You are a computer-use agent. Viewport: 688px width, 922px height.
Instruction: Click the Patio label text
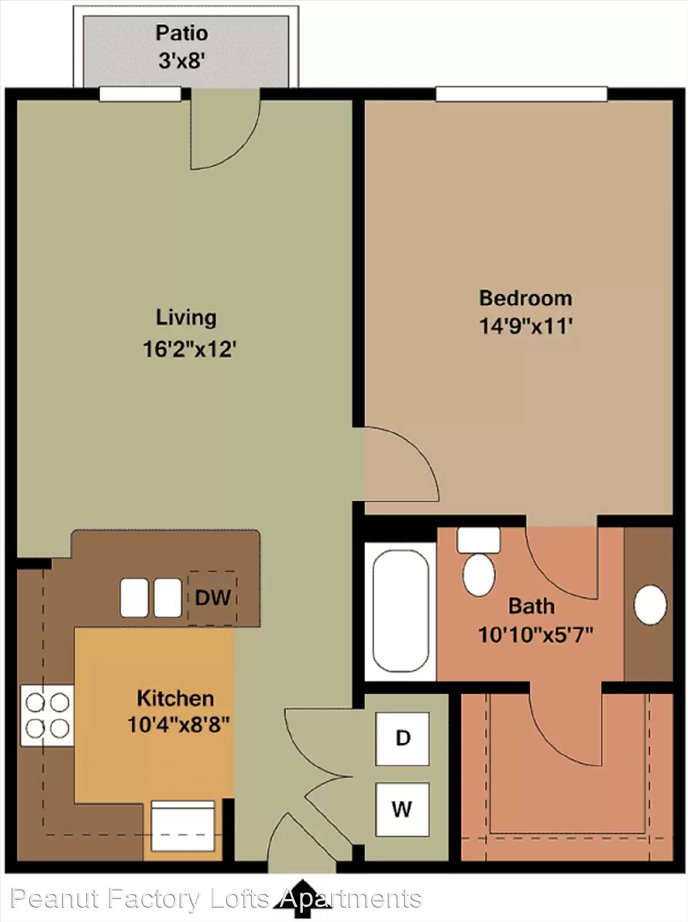coord(182,33)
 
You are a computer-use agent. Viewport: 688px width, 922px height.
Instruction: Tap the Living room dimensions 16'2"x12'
coord(189,349)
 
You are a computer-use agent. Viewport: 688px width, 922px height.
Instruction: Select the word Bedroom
coord(526,298)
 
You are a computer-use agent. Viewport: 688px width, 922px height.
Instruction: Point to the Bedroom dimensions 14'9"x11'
coord(526,326)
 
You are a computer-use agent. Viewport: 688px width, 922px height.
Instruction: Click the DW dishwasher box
coord(212,598)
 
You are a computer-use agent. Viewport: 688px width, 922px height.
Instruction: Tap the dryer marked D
coord(402,738)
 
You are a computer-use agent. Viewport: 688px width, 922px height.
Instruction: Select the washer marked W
coord(402,809)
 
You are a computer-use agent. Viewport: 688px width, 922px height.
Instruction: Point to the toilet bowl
coord(478,575)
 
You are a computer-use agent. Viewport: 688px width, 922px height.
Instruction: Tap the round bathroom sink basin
coord(650,605)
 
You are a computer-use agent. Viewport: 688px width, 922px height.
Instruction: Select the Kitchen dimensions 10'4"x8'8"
coord(178,724)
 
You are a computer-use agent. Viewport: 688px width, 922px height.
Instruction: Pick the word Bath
coord(531,606)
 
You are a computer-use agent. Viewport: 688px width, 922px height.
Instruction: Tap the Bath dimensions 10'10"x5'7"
coord(535,634)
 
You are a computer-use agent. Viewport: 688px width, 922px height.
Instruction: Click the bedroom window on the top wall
coord(522,94)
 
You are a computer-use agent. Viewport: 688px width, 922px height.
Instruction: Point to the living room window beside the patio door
coord(140,94)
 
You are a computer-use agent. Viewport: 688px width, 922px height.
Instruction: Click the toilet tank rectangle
coord(478,540)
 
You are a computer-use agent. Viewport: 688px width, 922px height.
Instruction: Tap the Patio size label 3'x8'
coord(182,61)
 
